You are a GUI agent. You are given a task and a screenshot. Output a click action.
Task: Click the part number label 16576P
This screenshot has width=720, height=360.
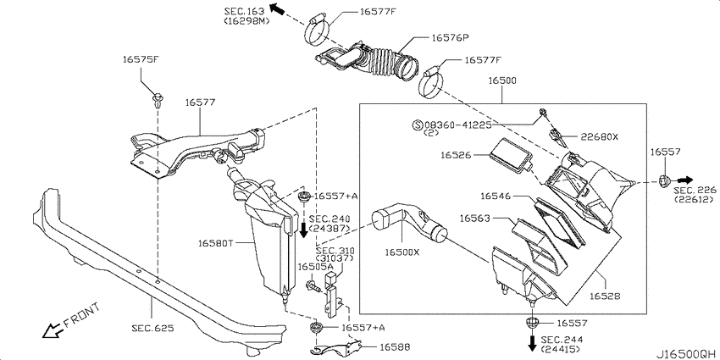click(x=450, y=38)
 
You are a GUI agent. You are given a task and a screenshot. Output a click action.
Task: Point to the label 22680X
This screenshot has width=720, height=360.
click(x=600, y=136)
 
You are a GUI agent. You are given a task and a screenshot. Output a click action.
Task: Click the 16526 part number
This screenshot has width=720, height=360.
click(x=456, y=156)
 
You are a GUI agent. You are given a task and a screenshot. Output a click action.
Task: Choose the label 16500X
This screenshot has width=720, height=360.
click(x=402, y=252)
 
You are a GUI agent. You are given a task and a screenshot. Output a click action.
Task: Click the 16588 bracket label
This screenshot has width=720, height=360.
click(x=395, y=346)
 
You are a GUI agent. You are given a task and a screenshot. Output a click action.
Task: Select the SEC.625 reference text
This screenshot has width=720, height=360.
click(x=153, y=328)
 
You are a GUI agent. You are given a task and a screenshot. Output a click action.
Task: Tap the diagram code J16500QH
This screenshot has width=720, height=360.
click(x=688, y=354)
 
